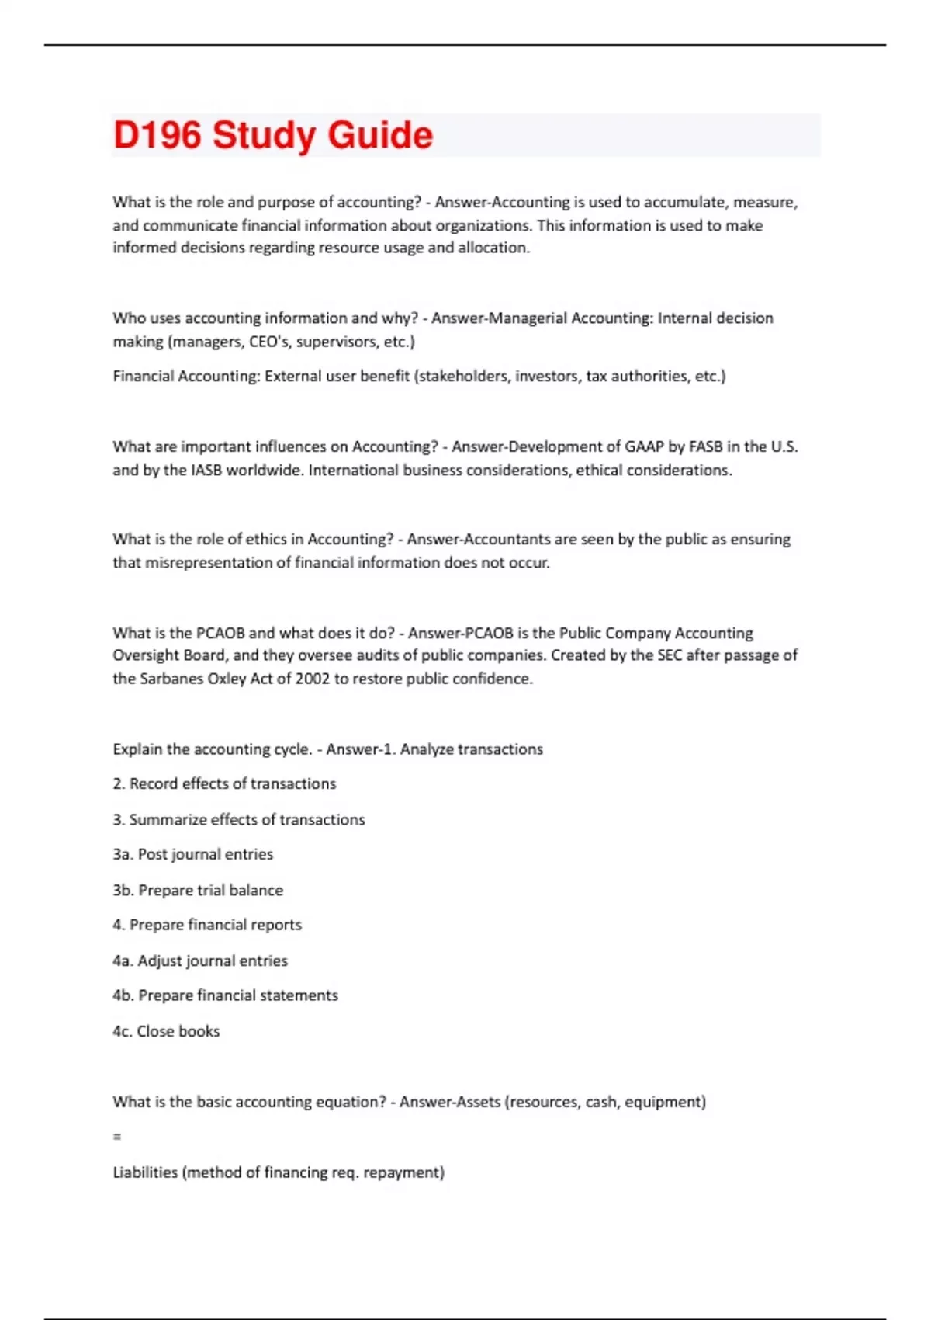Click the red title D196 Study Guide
272,135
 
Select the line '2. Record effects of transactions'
224,783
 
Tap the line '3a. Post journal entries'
192,854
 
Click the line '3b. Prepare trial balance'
198,890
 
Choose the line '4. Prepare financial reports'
207,925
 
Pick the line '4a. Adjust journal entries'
200,960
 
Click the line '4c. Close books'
166,1031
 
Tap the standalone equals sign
117,1137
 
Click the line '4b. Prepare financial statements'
225,995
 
